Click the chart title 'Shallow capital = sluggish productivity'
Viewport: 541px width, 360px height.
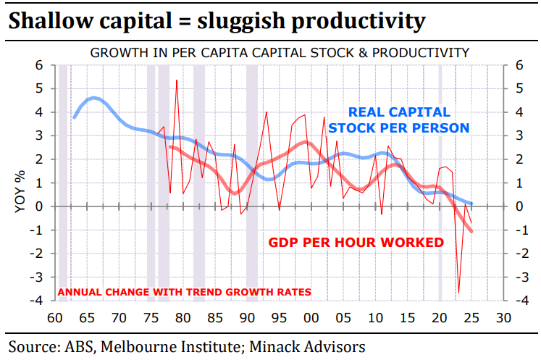(x=216, y=21)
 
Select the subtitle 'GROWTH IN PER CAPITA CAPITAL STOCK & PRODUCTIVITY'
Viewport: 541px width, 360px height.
(x=280, y=53)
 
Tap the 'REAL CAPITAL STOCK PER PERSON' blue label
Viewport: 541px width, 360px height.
(x=399, y=120)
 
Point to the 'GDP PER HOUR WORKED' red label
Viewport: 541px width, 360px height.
(x=356, y=242)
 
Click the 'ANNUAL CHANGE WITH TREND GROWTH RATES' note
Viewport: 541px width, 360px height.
(x=184, y=292)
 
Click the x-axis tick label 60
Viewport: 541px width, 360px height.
(x=55, y=317)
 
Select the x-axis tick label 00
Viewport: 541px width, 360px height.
(x=311, y=317)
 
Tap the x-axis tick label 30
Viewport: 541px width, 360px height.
(x=503, y=317)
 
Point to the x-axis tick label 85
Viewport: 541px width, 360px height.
(x=215, y=317)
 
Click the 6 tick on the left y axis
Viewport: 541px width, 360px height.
(x=41, y=65)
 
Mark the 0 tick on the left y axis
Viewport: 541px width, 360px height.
(x=41, y=206)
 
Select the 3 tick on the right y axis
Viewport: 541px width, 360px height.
(x=518, y=136)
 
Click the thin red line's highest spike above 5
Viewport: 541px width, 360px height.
(x=177, y=80)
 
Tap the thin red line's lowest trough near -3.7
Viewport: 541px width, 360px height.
(x=458, y=293)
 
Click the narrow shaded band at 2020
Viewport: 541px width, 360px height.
(x=440, y=181)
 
